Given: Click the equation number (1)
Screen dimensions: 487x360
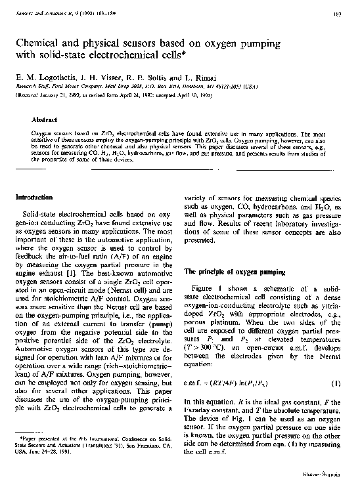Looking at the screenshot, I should pyautogui.click(x=336, y=381).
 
